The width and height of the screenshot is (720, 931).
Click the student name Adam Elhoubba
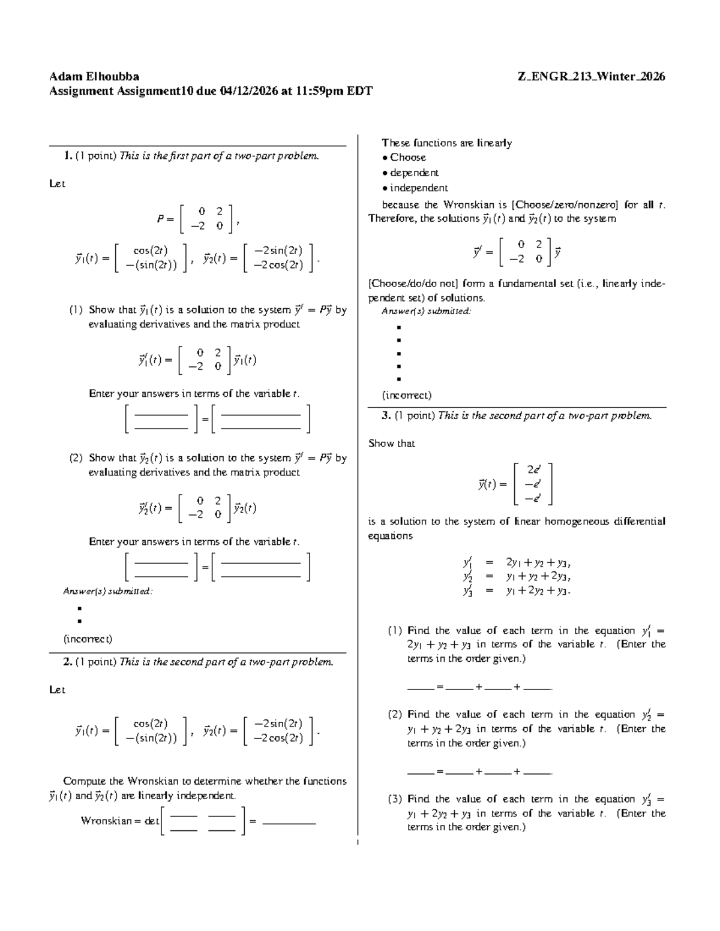point(94,77)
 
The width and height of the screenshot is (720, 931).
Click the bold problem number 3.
point(386,415)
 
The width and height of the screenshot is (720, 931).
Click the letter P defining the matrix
point(161,219)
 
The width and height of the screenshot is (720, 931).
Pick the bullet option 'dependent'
point(414,173)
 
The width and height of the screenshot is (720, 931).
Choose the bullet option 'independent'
point(419,188)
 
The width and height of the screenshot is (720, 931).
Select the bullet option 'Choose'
point(408,158)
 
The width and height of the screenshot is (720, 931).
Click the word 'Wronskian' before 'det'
point(106,821)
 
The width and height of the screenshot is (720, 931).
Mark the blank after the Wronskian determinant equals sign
point(289,822)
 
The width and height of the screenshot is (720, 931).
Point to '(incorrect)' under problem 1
point(88,638)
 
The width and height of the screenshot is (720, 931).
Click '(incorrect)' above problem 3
point(406,395)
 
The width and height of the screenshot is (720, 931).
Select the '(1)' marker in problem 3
point(394,631)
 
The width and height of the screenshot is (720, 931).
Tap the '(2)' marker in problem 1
point(76,458)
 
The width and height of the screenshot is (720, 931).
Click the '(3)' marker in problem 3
point(394,799)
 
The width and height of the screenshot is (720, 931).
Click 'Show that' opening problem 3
point(391,444)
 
